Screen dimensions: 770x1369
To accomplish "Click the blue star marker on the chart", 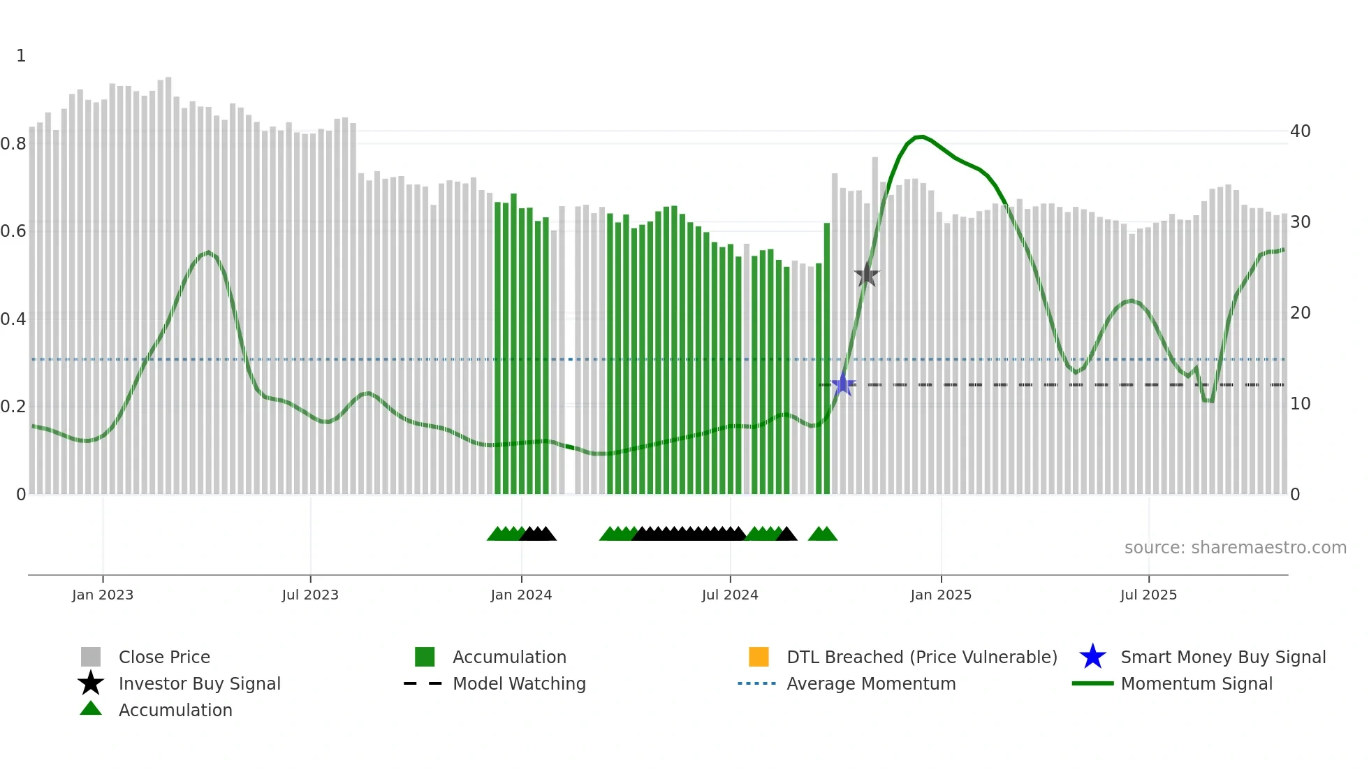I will point(843,384).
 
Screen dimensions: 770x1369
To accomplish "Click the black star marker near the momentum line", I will point(867,275).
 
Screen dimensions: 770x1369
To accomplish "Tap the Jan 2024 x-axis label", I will point(521,595).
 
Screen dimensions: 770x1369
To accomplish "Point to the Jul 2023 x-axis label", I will point(310,595).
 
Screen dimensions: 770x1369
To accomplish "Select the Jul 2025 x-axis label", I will point(1148,595).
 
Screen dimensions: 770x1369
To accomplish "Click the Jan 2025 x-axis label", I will point(941,595).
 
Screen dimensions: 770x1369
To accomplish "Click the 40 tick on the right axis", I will point(1300,131).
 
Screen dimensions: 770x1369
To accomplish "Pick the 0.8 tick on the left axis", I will point(13,144).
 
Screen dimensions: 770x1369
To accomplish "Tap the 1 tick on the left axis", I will point(21,56).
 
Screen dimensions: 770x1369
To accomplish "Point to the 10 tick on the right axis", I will point(1300,404).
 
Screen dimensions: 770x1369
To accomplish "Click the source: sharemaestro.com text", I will point(1235,548).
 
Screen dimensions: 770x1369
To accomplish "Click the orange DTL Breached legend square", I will point(759,657).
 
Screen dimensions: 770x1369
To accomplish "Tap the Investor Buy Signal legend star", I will point(91,683).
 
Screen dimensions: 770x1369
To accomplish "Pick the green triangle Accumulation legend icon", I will point(91,709).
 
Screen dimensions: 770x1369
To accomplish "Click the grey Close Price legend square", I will point(91,657).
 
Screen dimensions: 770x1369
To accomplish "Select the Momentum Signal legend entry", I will point(1196,683).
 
